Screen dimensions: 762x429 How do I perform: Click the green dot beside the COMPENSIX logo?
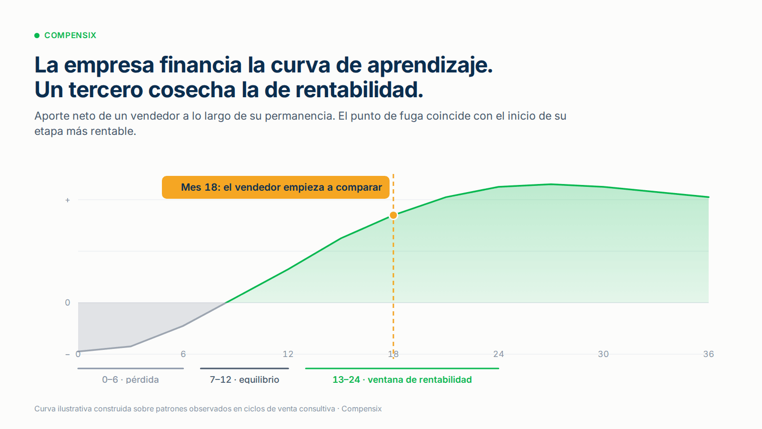[37, 35]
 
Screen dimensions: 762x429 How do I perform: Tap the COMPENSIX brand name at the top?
[70, 35]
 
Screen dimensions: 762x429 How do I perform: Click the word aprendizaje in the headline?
[430, 66]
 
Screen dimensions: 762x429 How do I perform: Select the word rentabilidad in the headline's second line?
[359, 90]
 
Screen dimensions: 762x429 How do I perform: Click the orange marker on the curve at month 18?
[393, 215]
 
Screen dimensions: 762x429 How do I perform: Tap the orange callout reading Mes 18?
[276, 187]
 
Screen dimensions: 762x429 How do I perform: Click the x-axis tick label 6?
[183, 354]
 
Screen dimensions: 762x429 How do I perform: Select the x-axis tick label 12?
[288, 354]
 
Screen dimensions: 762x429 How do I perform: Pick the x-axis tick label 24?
[498, 354]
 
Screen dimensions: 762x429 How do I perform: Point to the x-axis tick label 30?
[603, 354]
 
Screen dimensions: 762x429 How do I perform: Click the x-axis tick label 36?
[709, 354]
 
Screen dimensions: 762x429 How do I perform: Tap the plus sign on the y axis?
[67, 200]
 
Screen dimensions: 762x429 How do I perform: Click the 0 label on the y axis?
[67, 303]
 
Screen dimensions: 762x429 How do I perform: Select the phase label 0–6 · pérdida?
[130, 379]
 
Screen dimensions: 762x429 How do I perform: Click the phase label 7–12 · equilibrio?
[244, 379]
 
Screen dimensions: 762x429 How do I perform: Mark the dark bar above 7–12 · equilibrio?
[244, 368]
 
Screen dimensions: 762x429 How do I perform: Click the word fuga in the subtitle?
[411, 116]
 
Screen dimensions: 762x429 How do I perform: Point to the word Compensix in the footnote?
[361, 409]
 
